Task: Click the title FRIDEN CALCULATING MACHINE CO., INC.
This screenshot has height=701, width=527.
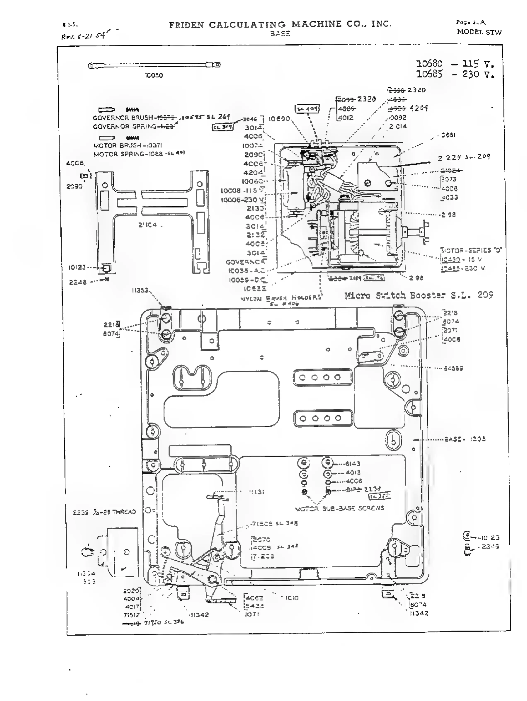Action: pos(280,24)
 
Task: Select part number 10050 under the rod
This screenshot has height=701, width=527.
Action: pos(154,75)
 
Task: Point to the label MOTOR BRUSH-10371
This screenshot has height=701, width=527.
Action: pos(127,145)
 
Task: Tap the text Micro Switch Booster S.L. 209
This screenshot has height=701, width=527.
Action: pos(418,295)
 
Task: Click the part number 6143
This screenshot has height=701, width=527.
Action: pos(352,464)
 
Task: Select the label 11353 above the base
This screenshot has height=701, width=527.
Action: pos(140,290)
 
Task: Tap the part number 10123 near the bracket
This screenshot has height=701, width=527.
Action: pos(77,267)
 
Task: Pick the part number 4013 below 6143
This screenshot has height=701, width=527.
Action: pos(353,473)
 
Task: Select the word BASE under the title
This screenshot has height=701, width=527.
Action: pos(280,33)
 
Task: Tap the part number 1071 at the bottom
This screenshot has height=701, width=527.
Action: pos(252,614)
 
